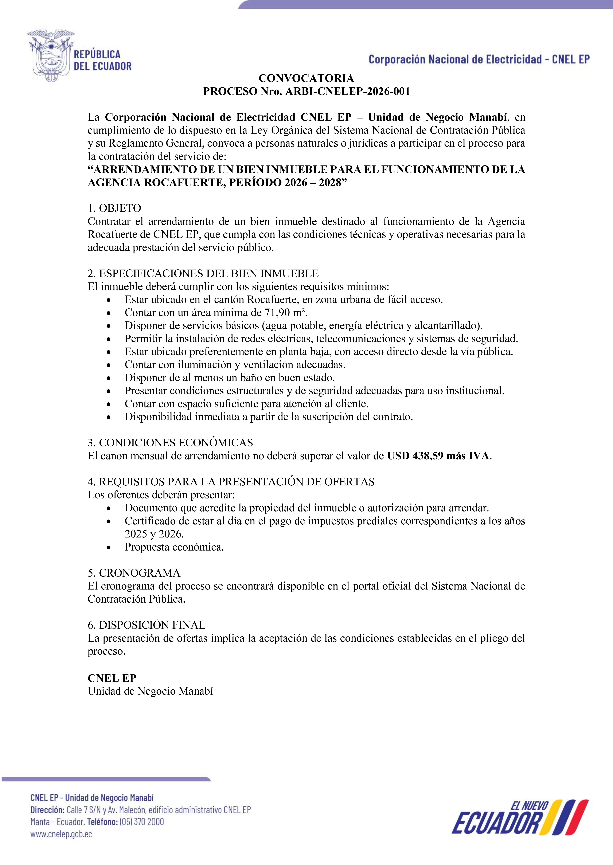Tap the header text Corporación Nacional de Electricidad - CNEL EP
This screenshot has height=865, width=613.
(479, 59)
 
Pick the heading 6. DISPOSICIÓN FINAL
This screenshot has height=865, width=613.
(147, 625)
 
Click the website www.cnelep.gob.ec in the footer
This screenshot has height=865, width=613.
(61, 834)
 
